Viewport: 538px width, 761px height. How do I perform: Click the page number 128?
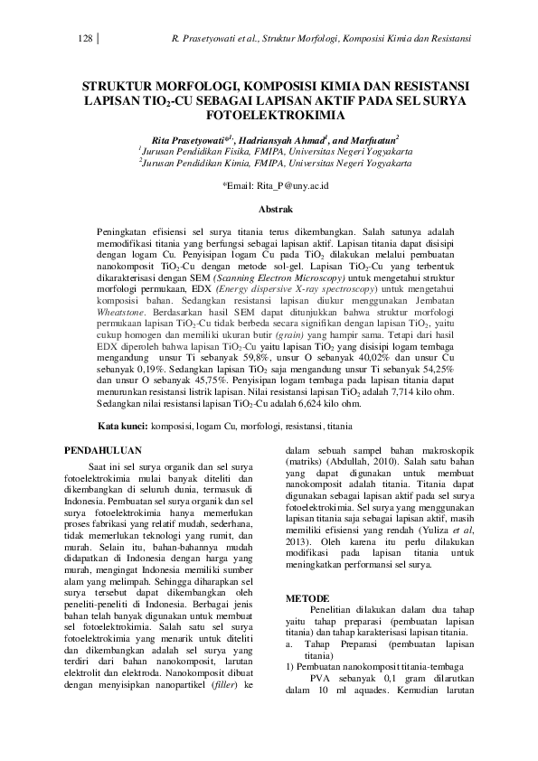pyautogui.click(x=86, y=39)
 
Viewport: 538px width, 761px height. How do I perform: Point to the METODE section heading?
pyautogui.click(x=308, y=598)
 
